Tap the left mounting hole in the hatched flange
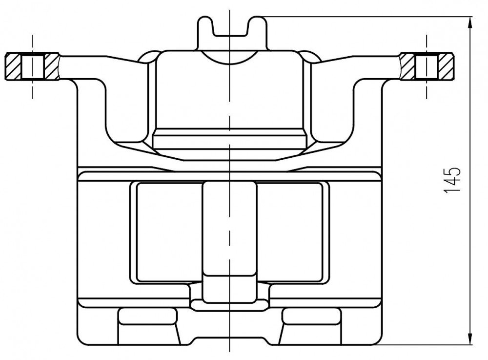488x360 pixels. click(33, 66)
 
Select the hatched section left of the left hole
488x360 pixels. click(13, 66)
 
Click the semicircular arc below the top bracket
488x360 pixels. click(229, 61)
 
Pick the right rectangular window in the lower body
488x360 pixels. click(289, 232)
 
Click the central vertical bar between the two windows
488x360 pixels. click(229, 242)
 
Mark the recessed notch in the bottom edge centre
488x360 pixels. click(229, 340)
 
